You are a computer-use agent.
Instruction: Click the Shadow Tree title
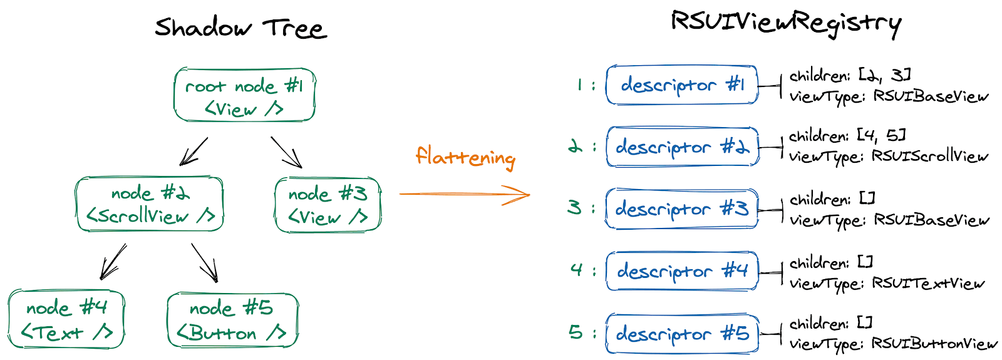click(x=240, y=28)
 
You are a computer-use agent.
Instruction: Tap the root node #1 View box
click(x=244, y=95)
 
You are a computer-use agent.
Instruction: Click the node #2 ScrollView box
click(x=149, y=204)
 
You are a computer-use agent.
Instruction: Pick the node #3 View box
click(x=328, y=205)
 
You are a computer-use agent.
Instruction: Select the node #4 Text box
click(x=66, y=319)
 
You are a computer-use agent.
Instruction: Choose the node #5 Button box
click(x=232, y=320)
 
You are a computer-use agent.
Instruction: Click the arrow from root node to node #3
click(x=286, y=152)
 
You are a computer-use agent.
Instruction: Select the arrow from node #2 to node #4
click(x=113, y=261)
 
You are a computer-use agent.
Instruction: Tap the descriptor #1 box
click(x=681, y=85)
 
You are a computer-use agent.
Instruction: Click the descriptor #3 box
click(x=681, y=208)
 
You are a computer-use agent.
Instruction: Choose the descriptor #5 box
click(x=681, y=334)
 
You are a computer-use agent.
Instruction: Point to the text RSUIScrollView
click(x=929, y=156)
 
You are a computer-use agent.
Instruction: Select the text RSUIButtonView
click(x=934, y=343)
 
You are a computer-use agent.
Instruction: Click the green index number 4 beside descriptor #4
click(x=577, y=270)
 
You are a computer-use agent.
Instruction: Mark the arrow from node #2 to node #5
click(x=204, y=262)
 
